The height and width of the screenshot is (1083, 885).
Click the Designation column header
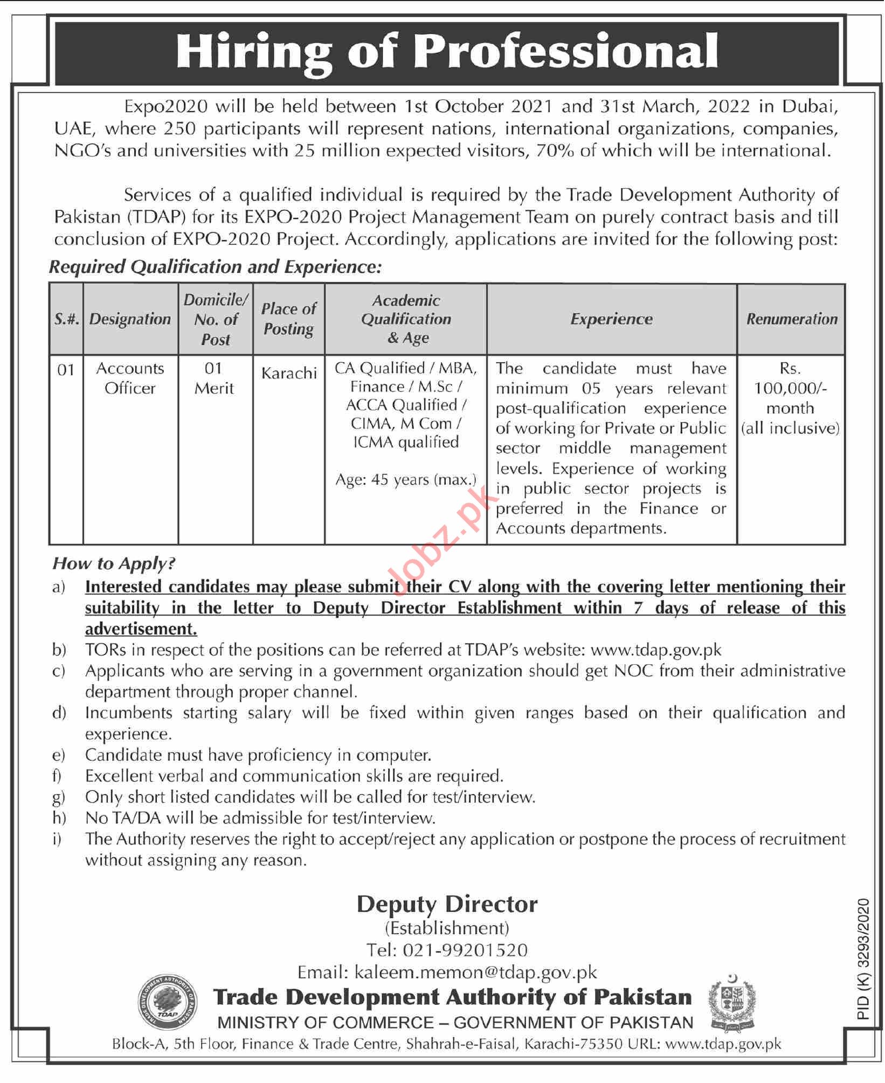coord(130,319)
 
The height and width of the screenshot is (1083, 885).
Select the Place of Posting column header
coord(289,319)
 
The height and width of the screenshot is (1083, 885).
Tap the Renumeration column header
coord(791,319)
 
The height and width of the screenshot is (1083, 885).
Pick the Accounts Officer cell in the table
coord(130,378)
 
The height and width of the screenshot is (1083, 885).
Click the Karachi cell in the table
coord(289,373)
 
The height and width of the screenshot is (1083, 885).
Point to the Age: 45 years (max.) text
coord(406,480)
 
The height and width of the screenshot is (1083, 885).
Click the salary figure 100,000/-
coord(790,388)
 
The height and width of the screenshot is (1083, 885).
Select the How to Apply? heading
coord(114,563)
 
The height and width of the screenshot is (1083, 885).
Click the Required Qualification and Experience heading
coord(215,267)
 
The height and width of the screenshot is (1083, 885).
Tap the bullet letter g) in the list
coord(59,797)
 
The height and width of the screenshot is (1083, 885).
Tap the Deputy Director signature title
coord(447,905)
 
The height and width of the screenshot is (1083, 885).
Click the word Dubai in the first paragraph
coord(809,106)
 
